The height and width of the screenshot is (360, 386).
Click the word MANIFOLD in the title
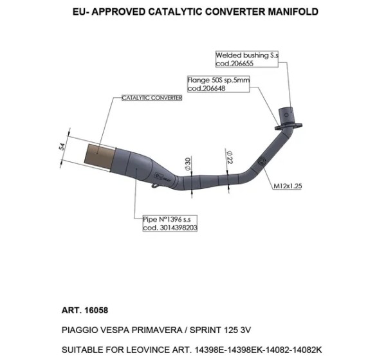[x=293, y=12]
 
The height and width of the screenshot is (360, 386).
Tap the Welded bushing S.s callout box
[x=247, y=59]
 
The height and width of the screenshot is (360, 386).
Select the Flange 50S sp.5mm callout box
[x=219, y=84]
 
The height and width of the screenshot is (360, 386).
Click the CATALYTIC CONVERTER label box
[x=152, y=98]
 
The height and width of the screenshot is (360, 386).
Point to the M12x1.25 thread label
[x=288, y=186]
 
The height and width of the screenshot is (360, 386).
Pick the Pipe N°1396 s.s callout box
[x=170, y=223]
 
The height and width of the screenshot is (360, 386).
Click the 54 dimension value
[x=62, y=147]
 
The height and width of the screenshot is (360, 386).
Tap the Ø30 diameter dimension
[x=188, y=164]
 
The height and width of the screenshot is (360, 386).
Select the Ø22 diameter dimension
[x=230, y=157]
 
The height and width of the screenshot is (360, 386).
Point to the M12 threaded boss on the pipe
[x=261, y=161]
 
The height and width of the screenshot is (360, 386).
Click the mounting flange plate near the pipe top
[x=288, y=126]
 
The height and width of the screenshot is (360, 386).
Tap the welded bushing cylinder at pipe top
[x=286, y=115]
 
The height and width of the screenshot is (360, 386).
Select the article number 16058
[x=96, y=310]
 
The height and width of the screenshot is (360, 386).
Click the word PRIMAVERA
[x=157, y=330]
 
